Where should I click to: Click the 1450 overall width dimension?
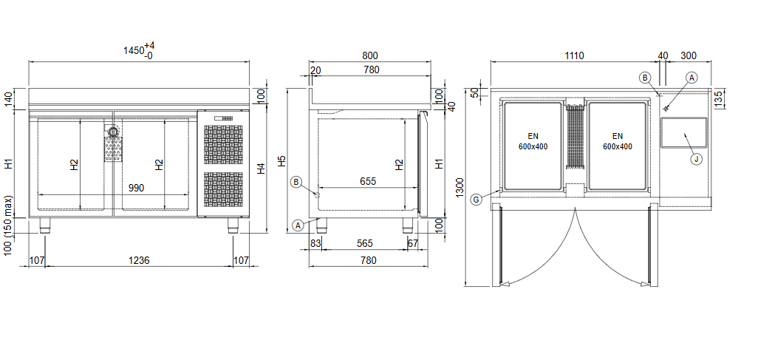(138, 51)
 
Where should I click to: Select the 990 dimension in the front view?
(137, 188)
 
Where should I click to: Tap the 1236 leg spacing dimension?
(140, 260)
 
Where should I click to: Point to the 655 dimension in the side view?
(367, 181)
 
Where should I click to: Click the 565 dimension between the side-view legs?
(365, 243)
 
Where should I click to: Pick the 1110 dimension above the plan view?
(574, 55)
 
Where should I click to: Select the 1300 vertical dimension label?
(460, 188)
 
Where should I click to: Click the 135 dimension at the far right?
(718, 99)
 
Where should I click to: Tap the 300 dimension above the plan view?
(688, 55)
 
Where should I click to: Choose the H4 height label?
(262, 169)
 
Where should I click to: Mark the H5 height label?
(281, 161)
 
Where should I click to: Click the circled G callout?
(476, 200)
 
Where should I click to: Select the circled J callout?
(696, 159)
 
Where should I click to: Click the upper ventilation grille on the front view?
(224, 146)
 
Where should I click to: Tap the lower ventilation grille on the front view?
(224, 191)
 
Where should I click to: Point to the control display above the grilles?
(224, 118)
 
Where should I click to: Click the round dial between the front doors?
(113, 132)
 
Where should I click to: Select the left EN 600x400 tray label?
(533, 141)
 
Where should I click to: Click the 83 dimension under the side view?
(315, 243)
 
